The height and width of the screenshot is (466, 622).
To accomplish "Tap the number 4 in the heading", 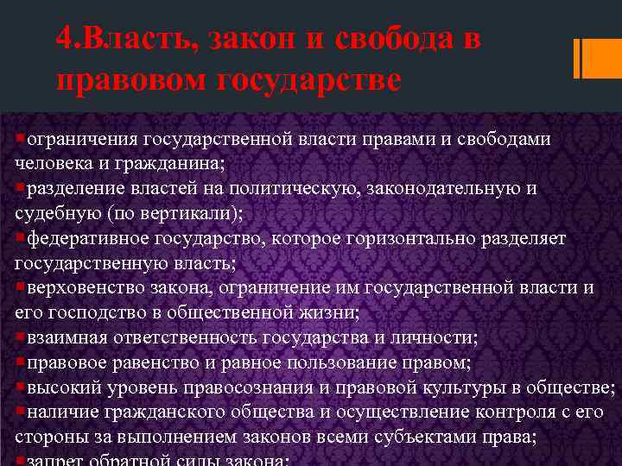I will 61,40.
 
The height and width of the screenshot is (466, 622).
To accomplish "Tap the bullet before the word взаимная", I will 20,337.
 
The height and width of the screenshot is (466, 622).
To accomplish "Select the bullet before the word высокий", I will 20,387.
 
